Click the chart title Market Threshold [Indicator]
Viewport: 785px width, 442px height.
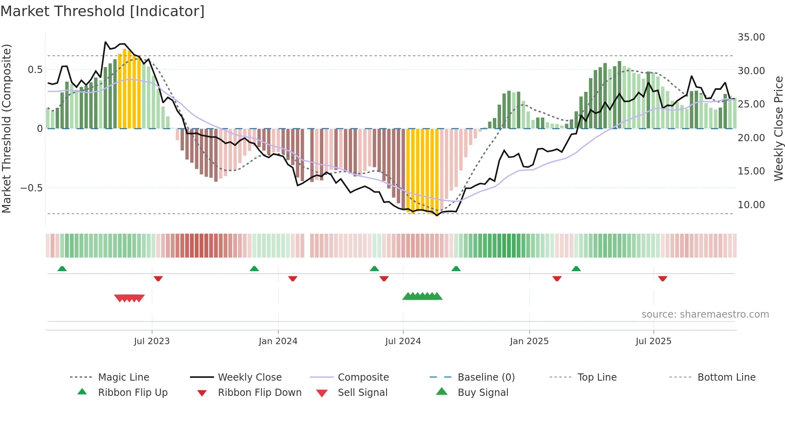[103, 11]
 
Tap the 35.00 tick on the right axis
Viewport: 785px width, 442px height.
[751, 37]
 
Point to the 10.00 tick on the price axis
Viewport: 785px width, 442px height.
[751, 205]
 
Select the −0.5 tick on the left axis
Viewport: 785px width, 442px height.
[31, 188]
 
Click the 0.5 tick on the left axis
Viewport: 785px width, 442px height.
[35, 70]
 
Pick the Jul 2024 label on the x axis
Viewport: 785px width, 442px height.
[403, 341]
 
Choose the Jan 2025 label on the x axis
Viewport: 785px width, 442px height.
[529, 341]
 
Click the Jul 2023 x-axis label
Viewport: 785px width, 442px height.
[152, 341]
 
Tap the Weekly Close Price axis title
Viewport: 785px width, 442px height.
[778, 128]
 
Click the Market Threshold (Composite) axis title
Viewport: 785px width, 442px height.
[6, 128]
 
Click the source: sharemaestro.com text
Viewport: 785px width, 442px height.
[705, 314]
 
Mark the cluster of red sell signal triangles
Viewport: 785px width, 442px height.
[129, 298]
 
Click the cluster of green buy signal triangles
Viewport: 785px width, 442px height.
[422, 296]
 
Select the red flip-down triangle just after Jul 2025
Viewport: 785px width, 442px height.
[662, 278]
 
